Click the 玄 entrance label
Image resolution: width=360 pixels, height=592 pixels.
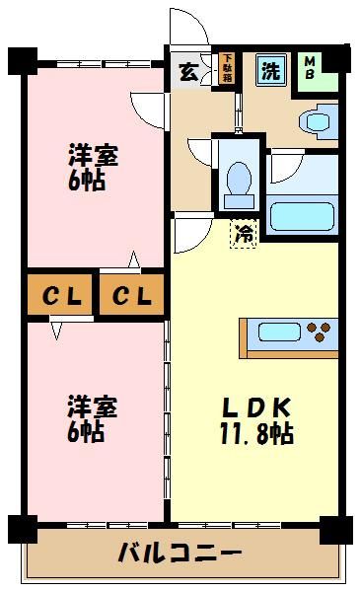coord(187,71)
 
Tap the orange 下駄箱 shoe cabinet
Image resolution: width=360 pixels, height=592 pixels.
coord(227,69)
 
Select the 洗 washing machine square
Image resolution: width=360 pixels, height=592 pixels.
coord(269,70)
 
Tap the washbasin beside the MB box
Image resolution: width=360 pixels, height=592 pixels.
coord(317,122)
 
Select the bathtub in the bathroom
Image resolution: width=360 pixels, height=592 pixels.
coord(301,214)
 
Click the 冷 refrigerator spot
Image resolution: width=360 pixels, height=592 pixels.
coord(243,234)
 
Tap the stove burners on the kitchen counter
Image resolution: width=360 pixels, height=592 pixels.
coord(321,329)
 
